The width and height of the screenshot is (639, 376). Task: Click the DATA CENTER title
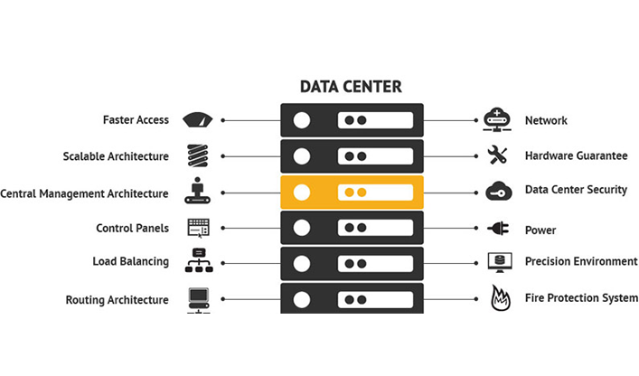click(x=351, y=87)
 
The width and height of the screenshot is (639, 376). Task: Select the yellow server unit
click(x=352, y=193)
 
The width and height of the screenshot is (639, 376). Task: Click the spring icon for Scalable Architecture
click(x=197, y=155)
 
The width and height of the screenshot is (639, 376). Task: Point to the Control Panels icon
click(x=197, y=228)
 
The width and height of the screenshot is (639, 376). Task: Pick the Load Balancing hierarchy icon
click(x=197, y=260)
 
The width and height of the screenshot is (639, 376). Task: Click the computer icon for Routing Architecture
click(x=198, y=298)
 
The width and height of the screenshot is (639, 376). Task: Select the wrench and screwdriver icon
click(x=497, y=155)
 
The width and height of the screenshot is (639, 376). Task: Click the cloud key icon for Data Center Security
click(x=498, y=191)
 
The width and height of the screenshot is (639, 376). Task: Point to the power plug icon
click(x=498, y=229)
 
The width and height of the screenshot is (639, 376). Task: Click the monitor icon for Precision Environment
click(x=497, y=262)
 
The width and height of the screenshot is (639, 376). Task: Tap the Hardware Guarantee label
click(x=576, y=155)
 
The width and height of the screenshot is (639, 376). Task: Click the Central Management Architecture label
click(x=84, y=193)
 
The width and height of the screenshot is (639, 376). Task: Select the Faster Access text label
click(x=136, y=120)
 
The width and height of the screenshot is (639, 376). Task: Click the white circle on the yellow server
click(x=302, y=193)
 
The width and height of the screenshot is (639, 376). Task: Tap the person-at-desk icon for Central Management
click(x=197, y=192)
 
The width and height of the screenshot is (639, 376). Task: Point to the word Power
click(x=540, y=230)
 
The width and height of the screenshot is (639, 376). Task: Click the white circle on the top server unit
click(x=302, y=120)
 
